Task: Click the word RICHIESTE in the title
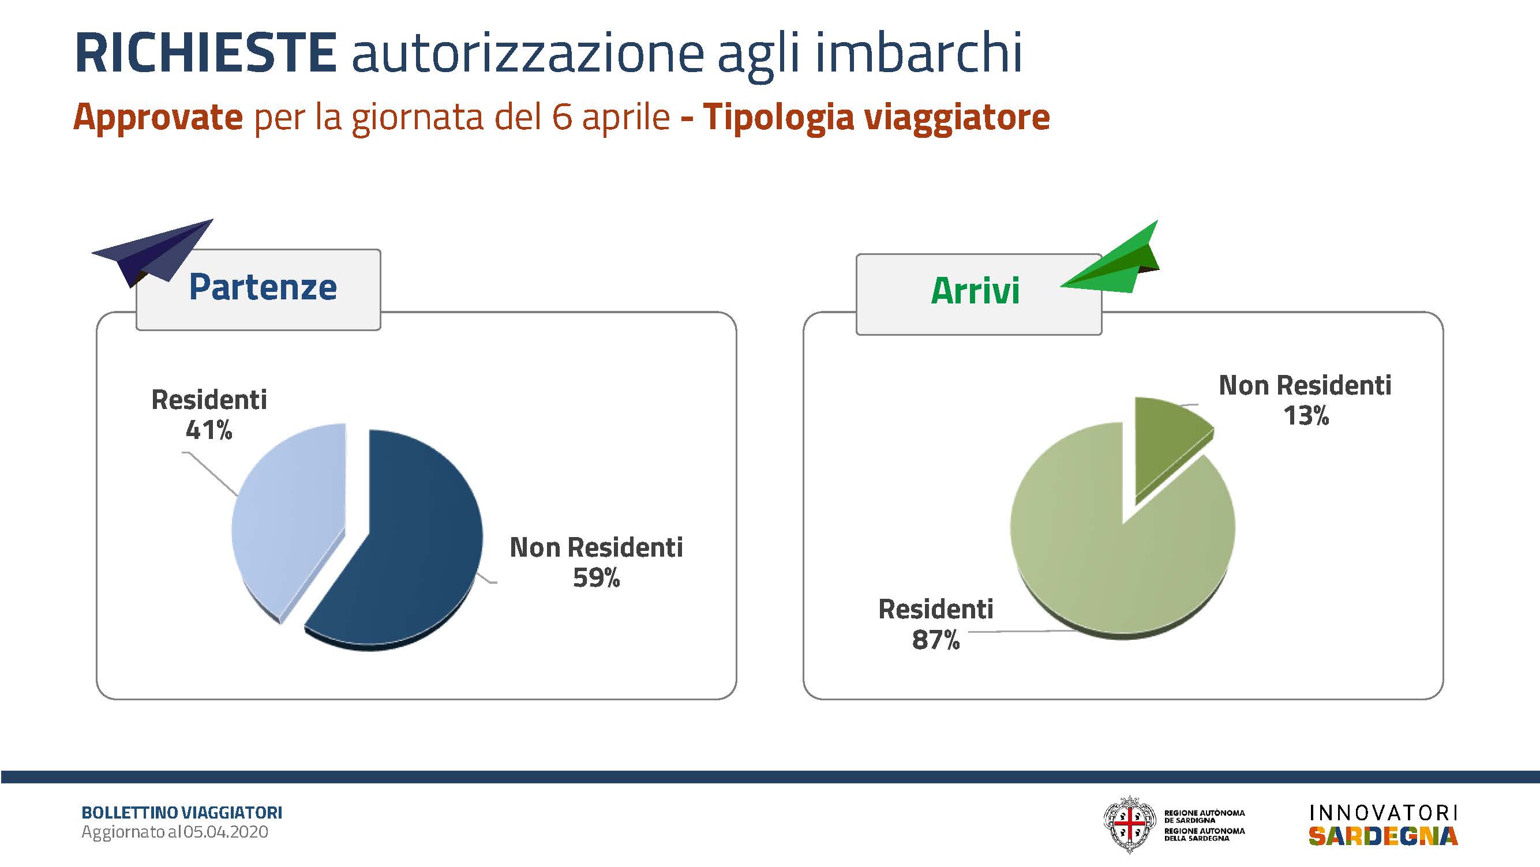205,52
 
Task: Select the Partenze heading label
263,287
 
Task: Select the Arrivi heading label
975,291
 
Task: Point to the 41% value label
209,430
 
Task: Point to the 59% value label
596,578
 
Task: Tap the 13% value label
1306,416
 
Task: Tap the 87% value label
936,640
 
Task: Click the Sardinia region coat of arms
1129,824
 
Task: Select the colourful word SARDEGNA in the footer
1383,836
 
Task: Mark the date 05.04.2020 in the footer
226,832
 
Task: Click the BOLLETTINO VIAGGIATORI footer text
182,813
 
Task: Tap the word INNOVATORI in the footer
1383,813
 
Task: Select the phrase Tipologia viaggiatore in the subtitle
876,118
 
